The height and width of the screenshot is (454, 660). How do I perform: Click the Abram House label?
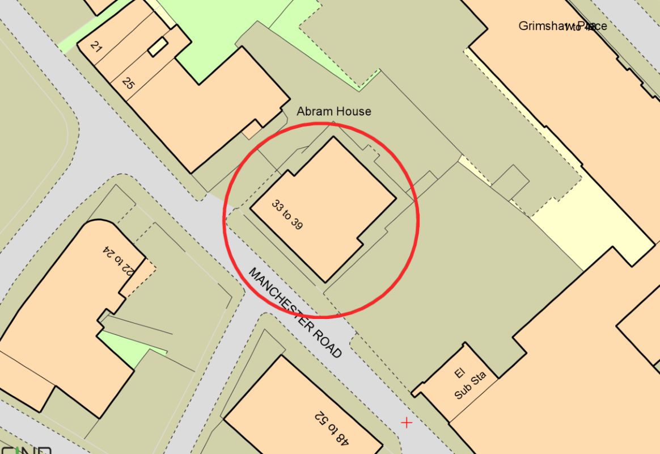334,111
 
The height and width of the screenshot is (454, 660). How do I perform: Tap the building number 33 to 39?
287,215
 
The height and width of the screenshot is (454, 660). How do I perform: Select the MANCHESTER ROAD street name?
295,313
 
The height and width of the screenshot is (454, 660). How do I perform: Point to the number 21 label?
96,48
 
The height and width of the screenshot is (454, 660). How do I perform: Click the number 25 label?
128,83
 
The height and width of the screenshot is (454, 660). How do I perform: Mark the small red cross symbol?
406,422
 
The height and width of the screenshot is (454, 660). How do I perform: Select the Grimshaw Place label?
562,26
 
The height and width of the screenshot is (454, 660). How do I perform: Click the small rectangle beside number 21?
158,47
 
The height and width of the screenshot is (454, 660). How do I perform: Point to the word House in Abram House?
353,111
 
